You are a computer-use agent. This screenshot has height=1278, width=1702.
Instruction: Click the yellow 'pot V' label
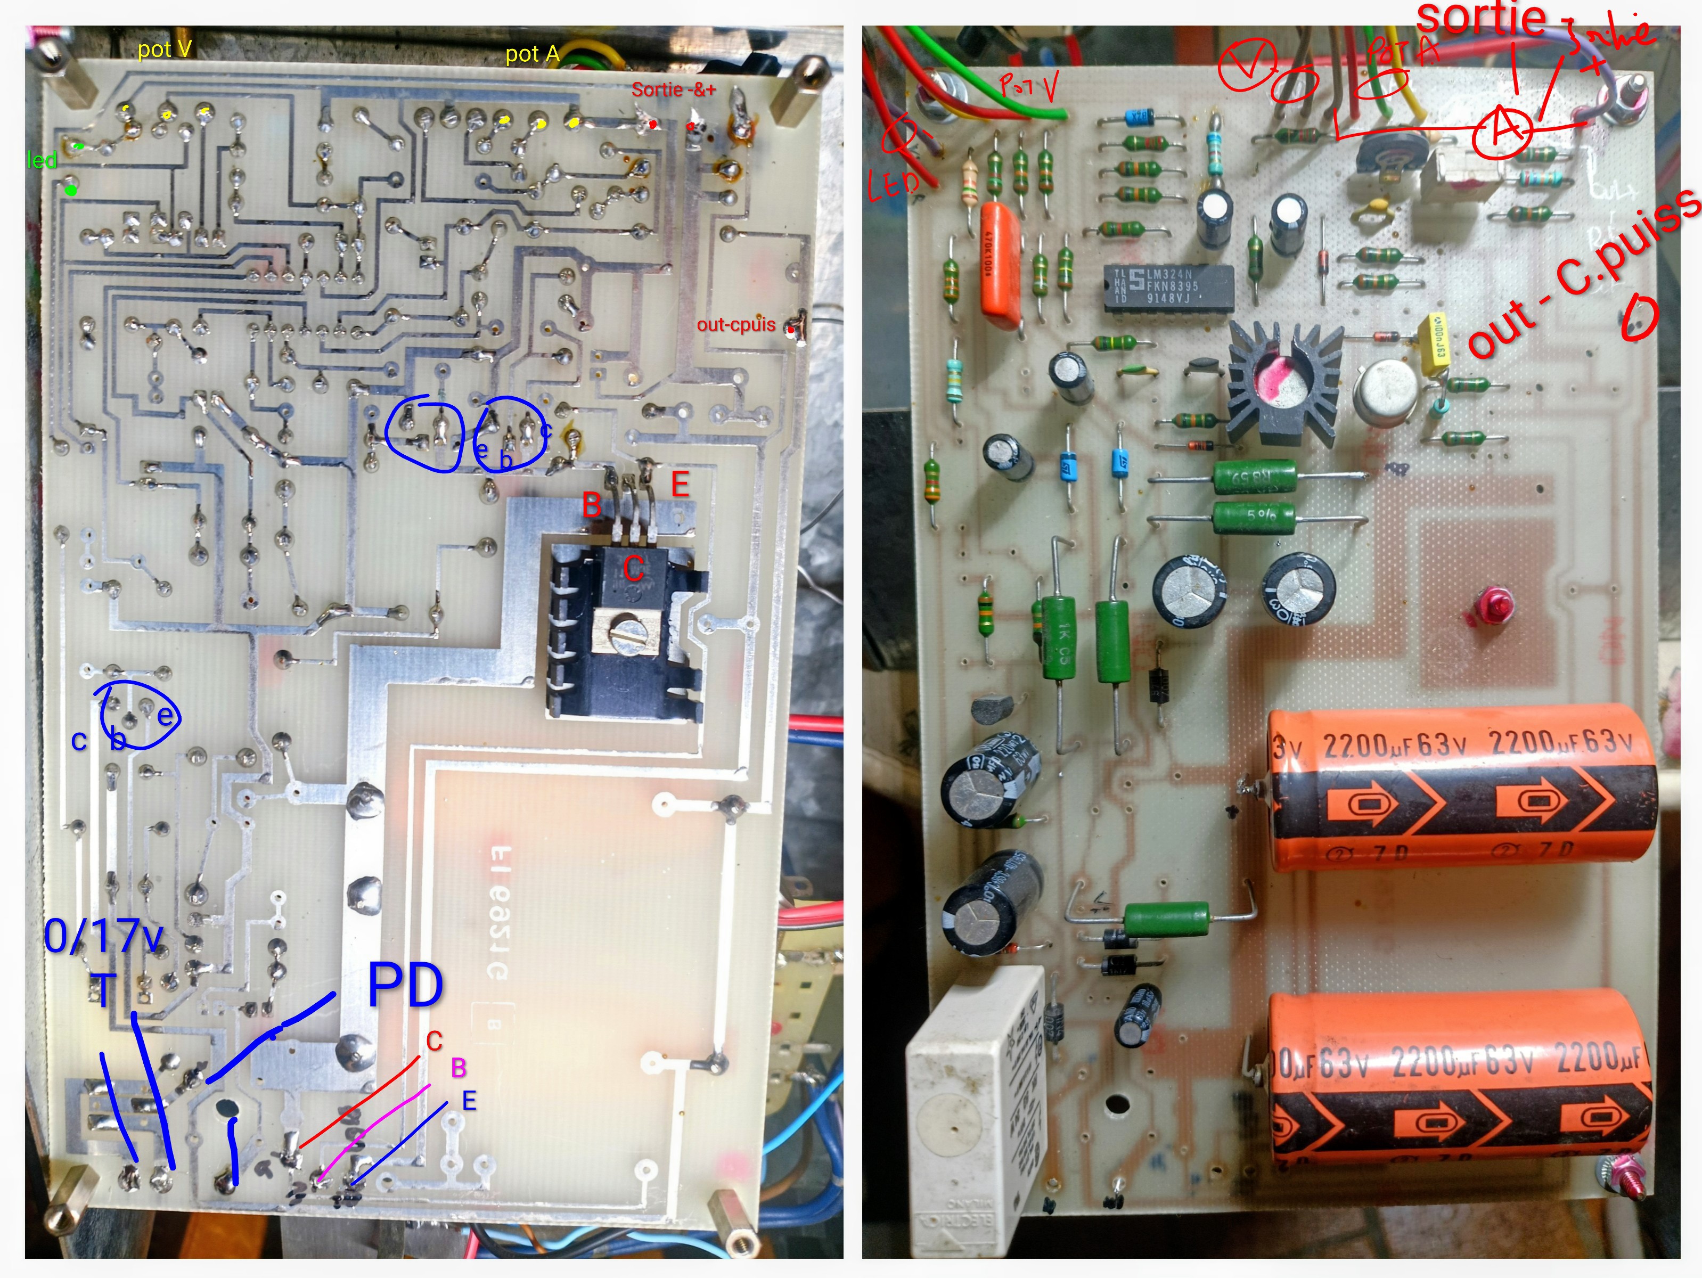164,49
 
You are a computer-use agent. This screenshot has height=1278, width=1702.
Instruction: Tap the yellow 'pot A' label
531,54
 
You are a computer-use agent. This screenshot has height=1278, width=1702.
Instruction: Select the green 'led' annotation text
42,160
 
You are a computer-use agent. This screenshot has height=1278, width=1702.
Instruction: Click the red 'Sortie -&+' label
673,89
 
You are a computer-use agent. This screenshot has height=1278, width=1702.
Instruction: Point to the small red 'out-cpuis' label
735,325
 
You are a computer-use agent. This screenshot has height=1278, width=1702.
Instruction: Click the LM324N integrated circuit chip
1169,288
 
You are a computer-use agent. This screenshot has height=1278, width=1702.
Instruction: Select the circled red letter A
1501,131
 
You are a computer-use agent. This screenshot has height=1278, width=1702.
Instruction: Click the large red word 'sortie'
1480,19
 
